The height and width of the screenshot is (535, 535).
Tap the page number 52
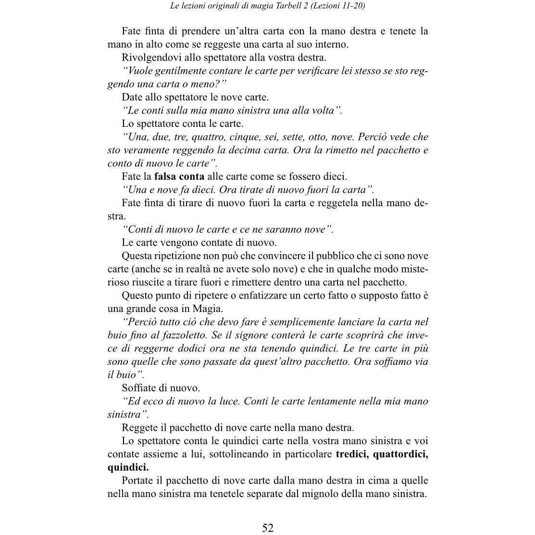point(268,528)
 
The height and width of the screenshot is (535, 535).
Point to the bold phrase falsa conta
point(179,176)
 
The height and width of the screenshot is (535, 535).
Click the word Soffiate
point(140,388)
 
